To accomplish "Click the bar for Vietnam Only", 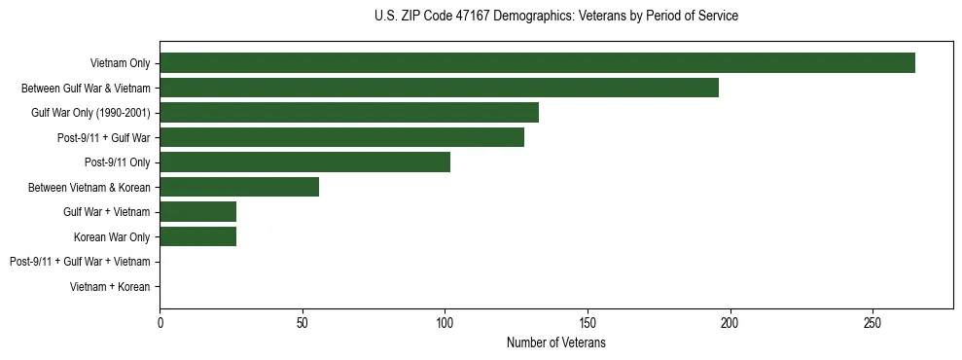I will pos(537,63).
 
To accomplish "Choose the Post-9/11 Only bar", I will pos(304,162).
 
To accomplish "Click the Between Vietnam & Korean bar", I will pos(239,187).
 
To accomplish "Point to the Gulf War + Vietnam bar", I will pos(198,212).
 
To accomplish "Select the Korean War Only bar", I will pos(198,236).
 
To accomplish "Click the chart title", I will pos(556,16).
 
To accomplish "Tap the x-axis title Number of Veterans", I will pos(556,343).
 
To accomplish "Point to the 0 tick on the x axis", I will pos(160,323).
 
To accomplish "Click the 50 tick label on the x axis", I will pos(303,323).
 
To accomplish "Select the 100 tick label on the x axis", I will pos(445,323).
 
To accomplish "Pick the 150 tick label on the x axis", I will pos(588,323).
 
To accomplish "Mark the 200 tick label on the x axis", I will pos(730,323).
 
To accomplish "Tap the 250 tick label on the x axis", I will pos(873,323).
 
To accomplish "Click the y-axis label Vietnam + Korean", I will pos(110,287).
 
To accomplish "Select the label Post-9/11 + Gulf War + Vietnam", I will pos(80,262).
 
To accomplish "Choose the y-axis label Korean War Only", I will pos(112,237).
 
